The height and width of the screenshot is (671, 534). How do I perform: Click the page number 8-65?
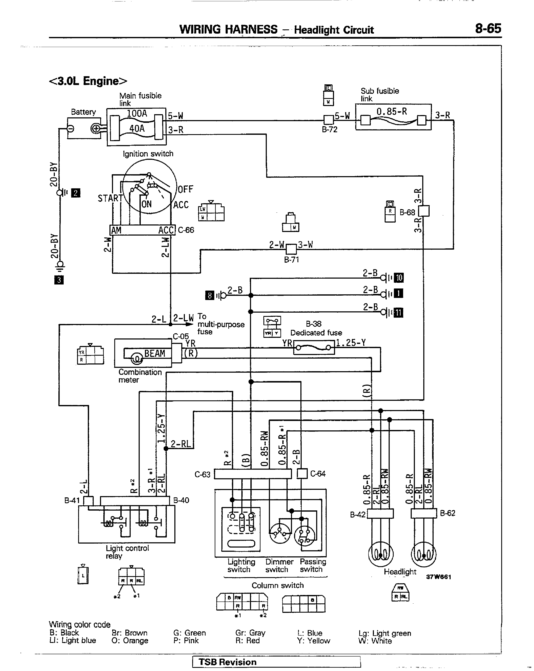click(488, 29)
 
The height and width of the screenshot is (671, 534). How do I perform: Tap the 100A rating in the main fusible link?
click(137, 113)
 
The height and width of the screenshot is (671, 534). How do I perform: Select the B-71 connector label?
click(291, 259)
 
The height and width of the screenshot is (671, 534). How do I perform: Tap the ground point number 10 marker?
click(399, 277)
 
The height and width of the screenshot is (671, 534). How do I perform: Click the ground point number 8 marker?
click(210, 295)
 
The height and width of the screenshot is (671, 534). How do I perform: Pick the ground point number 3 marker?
click(59, 280)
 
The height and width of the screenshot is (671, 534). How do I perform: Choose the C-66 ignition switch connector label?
click(186, 230)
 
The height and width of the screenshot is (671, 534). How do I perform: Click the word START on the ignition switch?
click(110, 198)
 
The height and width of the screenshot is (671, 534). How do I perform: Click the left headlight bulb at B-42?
click(380, 554)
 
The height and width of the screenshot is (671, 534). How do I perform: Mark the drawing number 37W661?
click(438, 577)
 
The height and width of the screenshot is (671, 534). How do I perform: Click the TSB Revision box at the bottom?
click(276, 662)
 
